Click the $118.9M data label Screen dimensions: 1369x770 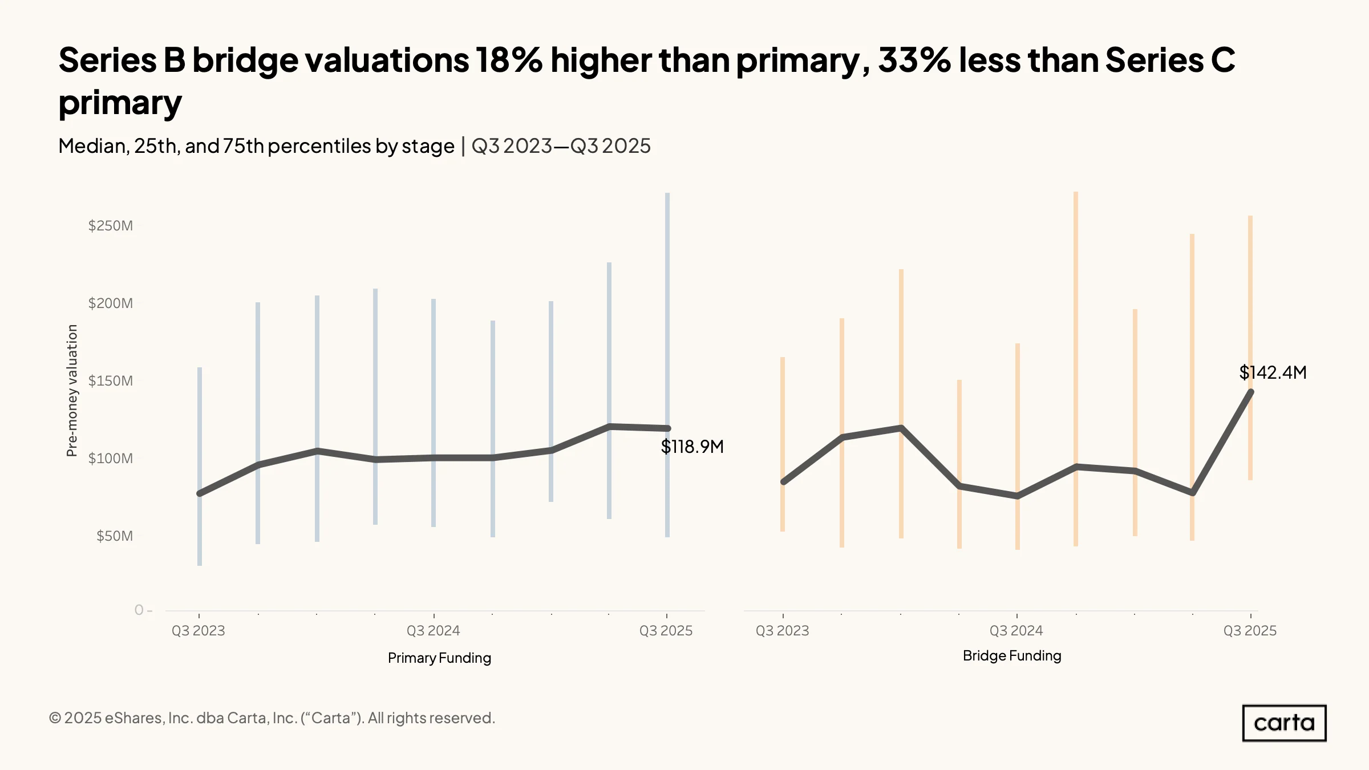click(x=692, y=447)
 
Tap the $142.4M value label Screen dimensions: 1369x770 click(x=1273, y=372)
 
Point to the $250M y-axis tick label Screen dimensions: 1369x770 click(x=111, y=226)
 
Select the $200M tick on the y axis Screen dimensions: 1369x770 click(x=111, y=303)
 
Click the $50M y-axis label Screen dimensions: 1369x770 click(x=115, y=536)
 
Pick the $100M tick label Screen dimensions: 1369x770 click(x=111, y=459)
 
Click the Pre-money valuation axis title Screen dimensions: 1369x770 click(x=72, y=391)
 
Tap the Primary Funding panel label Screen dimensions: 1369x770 click(x=439, y=658)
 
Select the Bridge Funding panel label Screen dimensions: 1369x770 click(x=1012, y=656)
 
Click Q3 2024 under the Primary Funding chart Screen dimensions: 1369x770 click(x=433, y=631)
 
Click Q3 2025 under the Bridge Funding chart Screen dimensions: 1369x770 click(x=1250, y=631)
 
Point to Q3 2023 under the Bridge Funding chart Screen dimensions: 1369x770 click(x=782, y=631)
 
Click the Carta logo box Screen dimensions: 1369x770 click(x=1284, y=723)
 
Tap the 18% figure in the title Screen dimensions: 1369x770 click(x=509, y=60)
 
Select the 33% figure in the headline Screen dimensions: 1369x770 click(x=914, y=60)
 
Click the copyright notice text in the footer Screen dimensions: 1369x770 click(x=272, y=718)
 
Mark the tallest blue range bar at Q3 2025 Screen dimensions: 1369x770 click(x=667, y=365)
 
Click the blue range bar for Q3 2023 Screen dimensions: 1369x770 click(x=200, y=467)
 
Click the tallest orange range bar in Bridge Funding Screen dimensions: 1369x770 click(x=1076, y=369)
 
